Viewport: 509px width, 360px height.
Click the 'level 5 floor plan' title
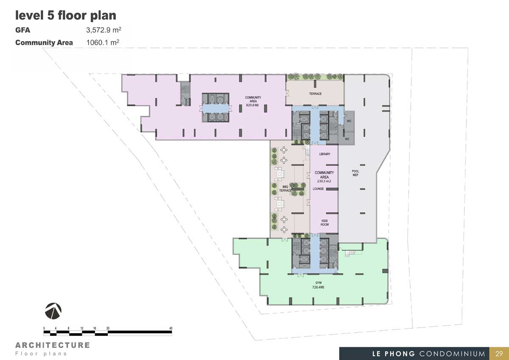pos(66,16)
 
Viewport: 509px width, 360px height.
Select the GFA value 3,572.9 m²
pos(103,30)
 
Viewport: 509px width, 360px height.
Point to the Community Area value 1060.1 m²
pos(103,42)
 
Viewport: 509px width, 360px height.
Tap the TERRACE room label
pos(316,94)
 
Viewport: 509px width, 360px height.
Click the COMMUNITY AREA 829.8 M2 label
pos(253,101)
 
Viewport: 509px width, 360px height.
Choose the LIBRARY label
pos(325,154)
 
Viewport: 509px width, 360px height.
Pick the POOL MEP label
pos(355,173)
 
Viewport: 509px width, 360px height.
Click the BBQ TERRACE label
pos(285,188)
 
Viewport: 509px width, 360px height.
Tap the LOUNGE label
pos(318,189)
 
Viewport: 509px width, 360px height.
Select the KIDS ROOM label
pos(324,222)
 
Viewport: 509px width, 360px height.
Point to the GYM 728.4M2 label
pos(319,285)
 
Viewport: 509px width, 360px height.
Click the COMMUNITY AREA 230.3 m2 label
pos(324,177)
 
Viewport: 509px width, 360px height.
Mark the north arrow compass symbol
pos(53,311)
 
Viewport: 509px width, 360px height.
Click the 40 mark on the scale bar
pos(171,328)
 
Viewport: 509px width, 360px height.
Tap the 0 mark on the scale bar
pos(44,328)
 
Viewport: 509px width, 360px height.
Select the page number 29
pos(499,354)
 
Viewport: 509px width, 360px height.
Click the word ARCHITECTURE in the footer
pos(53,345)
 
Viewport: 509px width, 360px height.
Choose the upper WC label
pos(349,121)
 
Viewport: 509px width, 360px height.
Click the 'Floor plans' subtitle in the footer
pos(41,354)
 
